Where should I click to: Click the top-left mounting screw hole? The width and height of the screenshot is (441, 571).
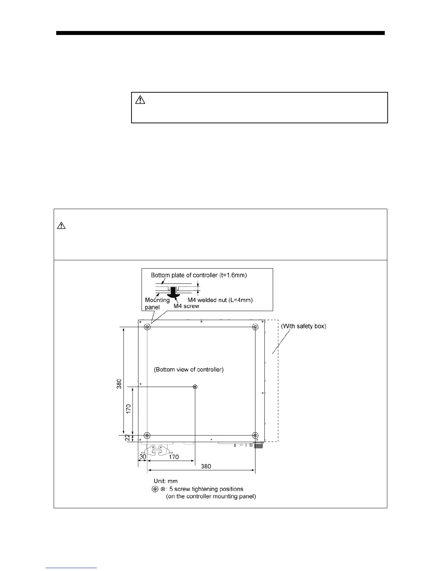pyautogui.click(x=147, y=327)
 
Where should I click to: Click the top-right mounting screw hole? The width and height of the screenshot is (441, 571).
pyautogui.click(x=255, y=327)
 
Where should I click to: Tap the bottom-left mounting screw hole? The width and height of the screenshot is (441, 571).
pyautogui.click(x=147, y=435)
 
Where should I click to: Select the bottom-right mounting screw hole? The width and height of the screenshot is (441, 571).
pyautogui.click(x=255, y=435)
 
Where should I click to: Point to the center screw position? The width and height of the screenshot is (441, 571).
pyautogui.click(x=195, y=386)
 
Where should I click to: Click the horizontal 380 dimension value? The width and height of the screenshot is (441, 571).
pyautogui.click(x=206, y=466)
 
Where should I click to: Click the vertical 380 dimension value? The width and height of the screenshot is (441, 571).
pyautogui.click(x=119, y=384)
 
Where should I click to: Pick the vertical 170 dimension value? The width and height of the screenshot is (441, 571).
pyautogui.click(x=129, y=408)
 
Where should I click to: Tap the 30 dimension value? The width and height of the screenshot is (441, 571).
pyautogui.click(x=143, y=457)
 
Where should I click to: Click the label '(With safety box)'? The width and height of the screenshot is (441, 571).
pyautogui.click(x=303, y=326)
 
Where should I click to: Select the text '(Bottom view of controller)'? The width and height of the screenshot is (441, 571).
pyautogui.click(x=189, y=369)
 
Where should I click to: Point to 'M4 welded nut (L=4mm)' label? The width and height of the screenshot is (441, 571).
pyautogui.click(x=223, y=300)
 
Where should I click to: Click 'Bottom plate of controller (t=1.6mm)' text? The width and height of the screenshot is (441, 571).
pyautogui.click(x=199, y=275)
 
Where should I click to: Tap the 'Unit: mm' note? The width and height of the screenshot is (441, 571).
pyautogui.click(x=165, y=481)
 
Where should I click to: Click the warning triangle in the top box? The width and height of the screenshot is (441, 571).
pyautogui.click(x=140, y=99)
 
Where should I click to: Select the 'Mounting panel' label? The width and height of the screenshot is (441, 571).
pyautogui.click(x=157, y=303)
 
